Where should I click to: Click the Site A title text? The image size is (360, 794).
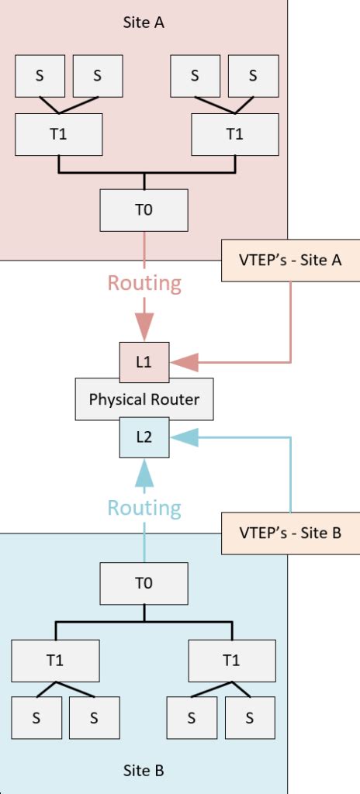(144, 22)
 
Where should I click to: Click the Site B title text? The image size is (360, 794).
(144, 770)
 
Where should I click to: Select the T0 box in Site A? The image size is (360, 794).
(144, 209)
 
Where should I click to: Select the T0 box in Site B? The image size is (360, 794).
(144, 583)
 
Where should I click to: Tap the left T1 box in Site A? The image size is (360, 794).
(59, 134)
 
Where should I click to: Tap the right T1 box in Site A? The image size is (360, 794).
(234, 134)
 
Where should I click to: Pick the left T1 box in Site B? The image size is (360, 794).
(55, 661)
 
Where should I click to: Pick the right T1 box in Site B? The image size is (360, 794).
(231, 661)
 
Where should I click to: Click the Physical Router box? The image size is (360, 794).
(144, 400)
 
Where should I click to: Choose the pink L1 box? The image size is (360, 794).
(144, 362)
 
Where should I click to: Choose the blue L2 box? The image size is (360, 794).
(144, 437)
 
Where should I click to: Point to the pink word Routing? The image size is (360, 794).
(144, 284)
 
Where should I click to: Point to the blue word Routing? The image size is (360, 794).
(144, 508)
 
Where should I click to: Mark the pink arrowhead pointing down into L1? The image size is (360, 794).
(144, 324)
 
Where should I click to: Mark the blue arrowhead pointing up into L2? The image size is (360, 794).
(144, 473)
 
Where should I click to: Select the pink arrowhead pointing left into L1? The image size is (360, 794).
(185, 362)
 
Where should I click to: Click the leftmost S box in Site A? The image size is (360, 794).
(39, 75)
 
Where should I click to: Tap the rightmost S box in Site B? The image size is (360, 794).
(249, 717)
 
